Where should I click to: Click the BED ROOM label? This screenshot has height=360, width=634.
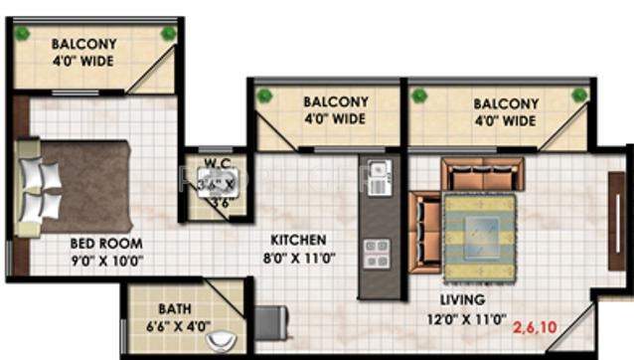pos(105,243)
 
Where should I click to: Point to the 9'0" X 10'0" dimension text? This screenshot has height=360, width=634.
pos(107,262)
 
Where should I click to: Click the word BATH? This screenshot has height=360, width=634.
pos(175,307)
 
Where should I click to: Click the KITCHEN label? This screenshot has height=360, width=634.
pos(300,240)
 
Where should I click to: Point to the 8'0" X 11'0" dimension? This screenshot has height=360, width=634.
pos(300,258)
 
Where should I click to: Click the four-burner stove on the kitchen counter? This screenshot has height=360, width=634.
pos(376,253)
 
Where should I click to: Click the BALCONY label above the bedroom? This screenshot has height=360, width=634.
pos(83,45)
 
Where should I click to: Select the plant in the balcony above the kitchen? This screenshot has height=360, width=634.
pos(263,95)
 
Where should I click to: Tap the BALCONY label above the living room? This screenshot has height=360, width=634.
pos(505,103)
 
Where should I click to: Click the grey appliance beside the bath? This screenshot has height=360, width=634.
pos(270,324)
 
